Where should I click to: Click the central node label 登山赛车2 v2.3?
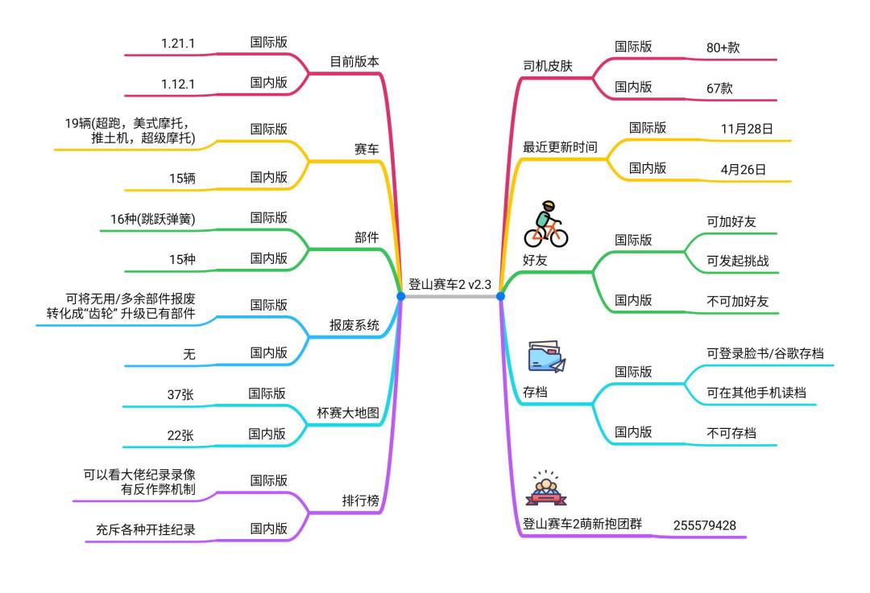pyautogui.click(x=450, y=285)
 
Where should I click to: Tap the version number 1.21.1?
pyautogui.click(x=178, y=43)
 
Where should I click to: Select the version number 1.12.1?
pyautogui.click(x=178, y=84)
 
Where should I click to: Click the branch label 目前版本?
pyautogui.click(x=354, y=61)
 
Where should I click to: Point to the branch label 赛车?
pyautogui.click(x=367, y=149)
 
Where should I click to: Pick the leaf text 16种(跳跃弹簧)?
pyautogui.click(x=152, y=219)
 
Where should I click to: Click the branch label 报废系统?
pyautogui.click(x=354, y=325)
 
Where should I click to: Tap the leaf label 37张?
pyautogui.click(x=180, y=394)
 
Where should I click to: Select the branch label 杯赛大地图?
pyautogui.click(x=348, y=413)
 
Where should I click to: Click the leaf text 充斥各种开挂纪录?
pyautogui.click(x=145, y=529)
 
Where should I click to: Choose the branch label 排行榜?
pyautogui.click(x=361, y=501)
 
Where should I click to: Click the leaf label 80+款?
pyautogui.click(x=723, y=47)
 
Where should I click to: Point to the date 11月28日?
pyautogui.click(x=747, y=129)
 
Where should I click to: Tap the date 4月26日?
pyautogui.click(x=744, y=170)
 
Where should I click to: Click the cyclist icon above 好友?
pyautogui.click(x=546, y=224)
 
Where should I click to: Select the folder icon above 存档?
pyautogui.click(x=546, y=357)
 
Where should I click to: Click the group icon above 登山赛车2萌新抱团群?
pyautogui.click(x=546, y=488)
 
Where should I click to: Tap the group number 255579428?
pyautogui.click(x=705, y=525)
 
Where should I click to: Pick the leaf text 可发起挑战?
pyautogui.click(x=738, y=261)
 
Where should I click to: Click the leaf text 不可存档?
pyautogui.click(x=731, y=434)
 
